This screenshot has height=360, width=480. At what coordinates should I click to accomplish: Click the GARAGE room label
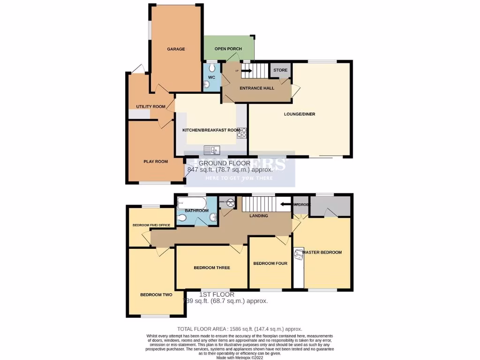(x=176, y=49)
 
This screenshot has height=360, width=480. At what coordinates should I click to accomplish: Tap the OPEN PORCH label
(x=228, y=49)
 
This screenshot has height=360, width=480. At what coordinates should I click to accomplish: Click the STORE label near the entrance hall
(x=280, y=70)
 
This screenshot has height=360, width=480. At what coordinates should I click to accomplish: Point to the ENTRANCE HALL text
(x=257, y=88)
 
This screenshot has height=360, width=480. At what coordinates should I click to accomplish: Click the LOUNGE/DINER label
(x=299, y=113)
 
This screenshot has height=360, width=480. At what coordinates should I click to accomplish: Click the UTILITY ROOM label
(x=150, y=107)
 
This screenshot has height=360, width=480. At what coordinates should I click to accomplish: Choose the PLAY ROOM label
(x=156, y=162)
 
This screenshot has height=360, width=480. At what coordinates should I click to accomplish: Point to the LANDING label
(x=258, y=216)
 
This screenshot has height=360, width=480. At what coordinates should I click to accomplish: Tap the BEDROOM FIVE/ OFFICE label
(x=151, y=225)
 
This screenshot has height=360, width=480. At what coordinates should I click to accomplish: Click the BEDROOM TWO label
(x=156, y=295)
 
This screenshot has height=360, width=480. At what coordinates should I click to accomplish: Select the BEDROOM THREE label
(x=212, y=268)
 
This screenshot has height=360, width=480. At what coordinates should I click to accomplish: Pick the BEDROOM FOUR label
(x=270, y=263)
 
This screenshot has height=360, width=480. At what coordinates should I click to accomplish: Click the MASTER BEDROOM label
(x=322, y=252)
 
